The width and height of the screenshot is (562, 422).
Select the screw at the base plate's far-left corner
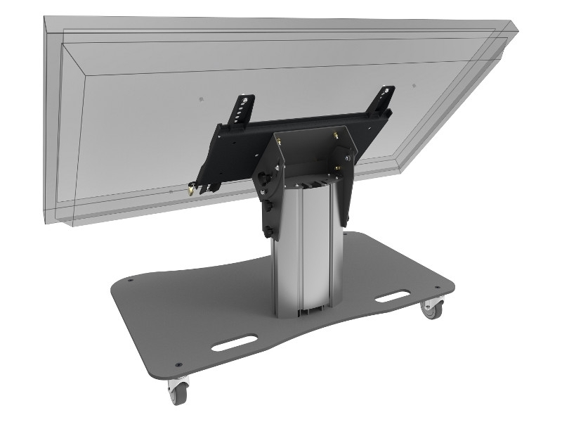(130, 281)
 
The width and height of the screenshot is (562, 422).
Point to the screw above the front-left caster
(179, 365)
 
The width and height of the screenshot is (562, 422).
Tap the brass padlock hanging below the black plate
(191, 190)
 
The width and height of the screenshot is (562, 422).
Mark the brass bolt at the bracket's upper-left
(280, 141)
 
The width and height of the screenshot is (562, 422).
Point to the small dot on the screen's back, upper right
(414, 86)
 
